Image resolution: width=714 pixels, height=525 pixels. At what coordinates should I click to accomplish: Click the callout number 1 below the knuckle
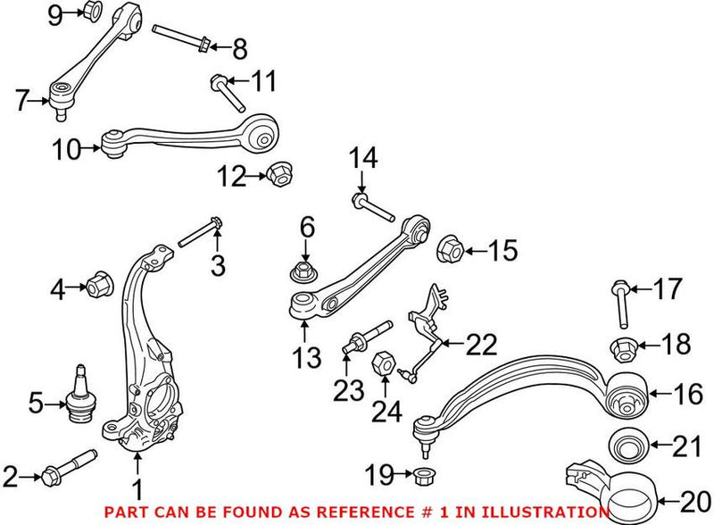click(137, 488)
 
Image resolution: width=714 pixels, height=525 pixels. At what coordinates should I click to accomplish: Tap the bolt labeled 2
click(67, 468)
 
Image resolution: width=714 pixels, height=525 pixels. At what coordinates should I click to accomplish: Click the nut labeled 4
click(98, 287)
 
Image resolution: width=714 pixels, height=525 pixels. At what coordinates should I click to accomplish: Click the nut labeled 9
click(92, 12)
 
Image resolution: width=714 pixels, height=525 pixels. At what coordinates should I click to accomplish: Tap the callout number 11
click(263, 83)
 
